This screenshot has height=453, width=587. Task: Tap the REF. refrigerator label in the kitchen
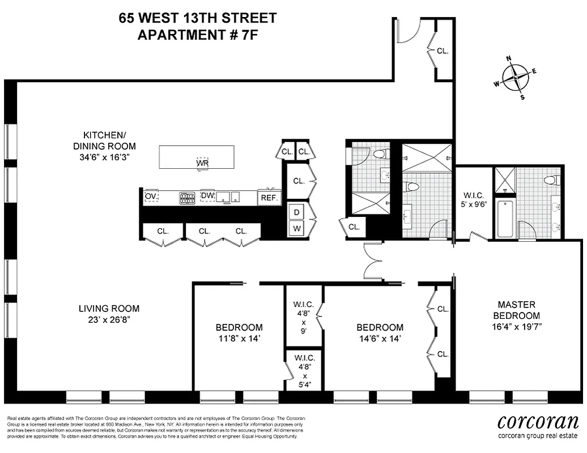click(269, 198)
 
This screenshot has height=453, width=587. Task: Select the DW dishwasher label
click(207, 195)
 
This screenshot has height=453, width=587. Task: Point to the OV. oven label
click(151, 196)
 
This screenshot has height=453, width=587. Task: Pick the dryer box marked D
click(296, 212)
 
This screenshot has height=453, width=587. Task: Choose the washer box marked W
click(296, 228)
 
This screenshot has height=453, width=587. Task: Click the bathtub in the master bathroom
click(504, 217)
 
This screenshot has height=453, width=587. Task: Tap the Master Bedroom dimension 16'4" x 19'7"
click(516, 327)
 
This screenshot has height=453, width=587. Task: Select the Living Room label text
click(109, 309)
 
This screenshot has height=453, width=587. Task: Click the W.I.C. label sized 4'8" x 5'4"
click(303, 371)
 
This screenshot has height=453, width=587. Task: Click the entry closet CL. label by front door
click(443, 50)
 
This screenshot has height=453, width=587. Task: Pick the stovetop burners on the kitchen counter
click(187, 198)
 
